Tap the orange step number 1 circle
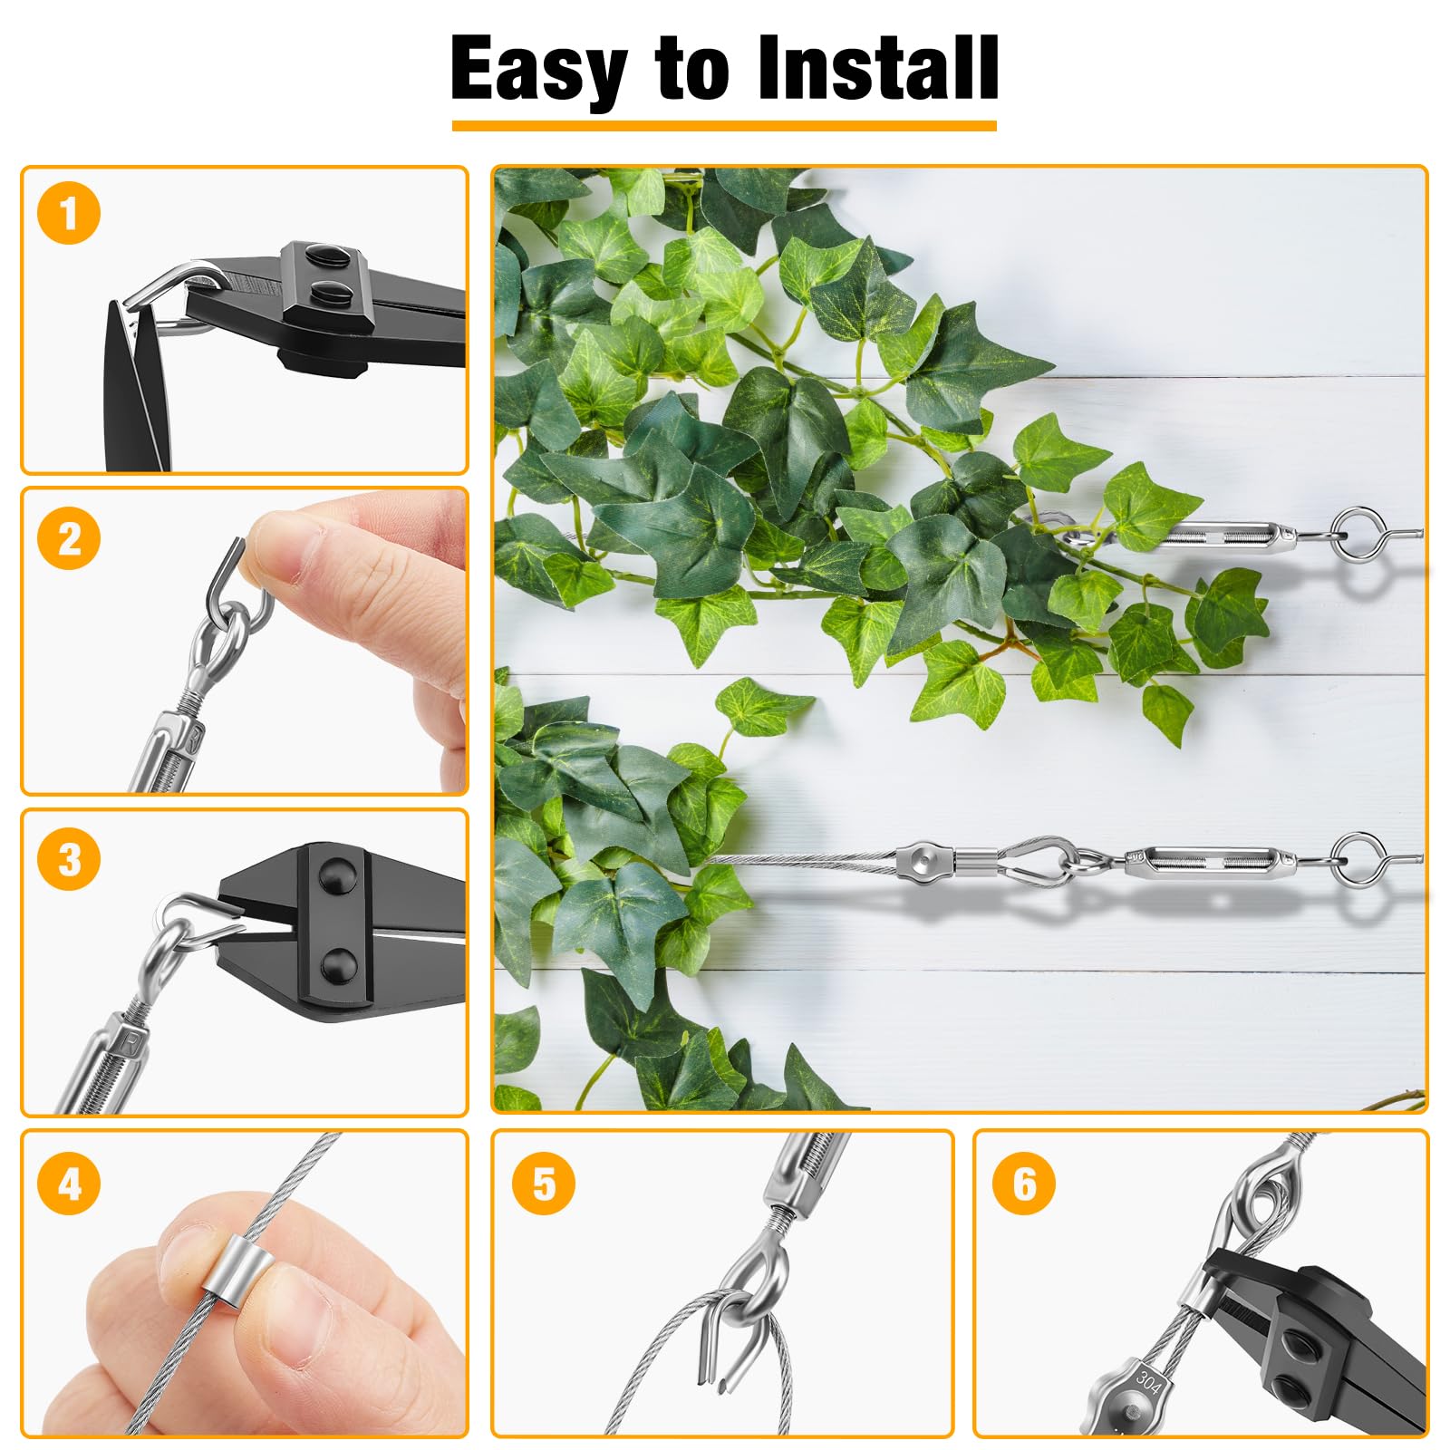69,214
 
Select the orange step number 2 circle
69,538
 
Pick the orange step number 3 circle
69,859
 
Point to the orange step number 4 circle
69,1183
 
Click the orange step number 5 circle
544,1183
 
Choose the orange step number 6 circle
1024,1183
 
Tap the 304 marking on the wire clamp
1147,1383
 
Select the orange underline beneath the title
724,126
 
